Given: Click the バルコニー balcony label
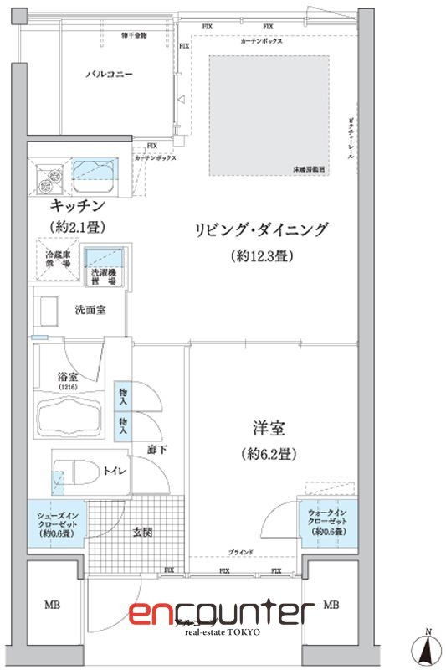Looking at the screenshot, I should (x=110, y=74).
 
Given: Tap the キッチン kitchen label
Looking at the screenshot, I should (x=77, y=206).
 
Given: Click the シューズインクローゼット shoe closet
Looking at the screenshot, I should (x=55, y=522).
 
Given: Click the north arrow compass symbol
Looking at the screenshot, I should (x=428, y=647).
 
